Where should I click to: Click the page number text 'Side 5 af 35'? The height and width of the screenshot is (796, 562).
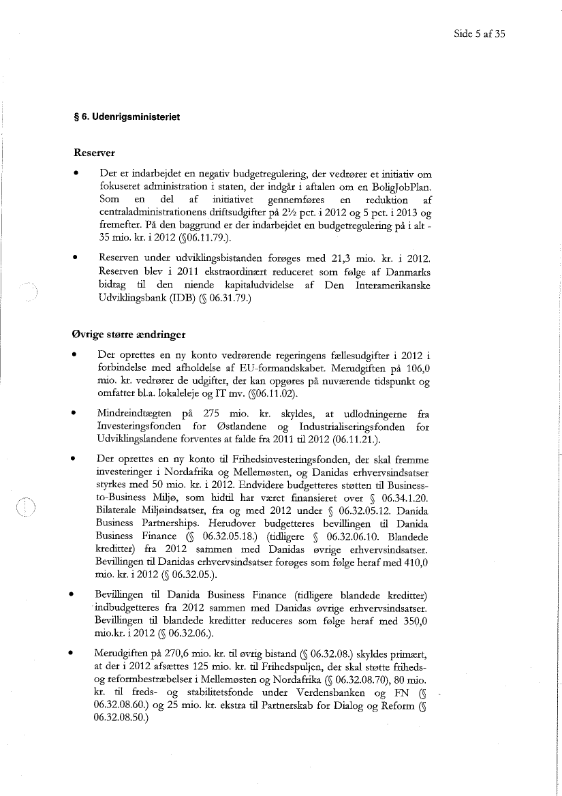click(x=479, y=33)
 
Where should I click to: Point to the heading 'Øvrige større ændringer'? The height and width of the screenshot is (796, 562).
click(x=123, y=335)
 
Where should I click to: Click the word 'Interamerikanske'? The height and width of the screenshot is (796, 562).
click(x=392, y=286)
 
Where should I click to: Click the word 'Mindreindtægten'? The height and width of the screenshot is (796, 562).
click(x=134, y=414)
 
